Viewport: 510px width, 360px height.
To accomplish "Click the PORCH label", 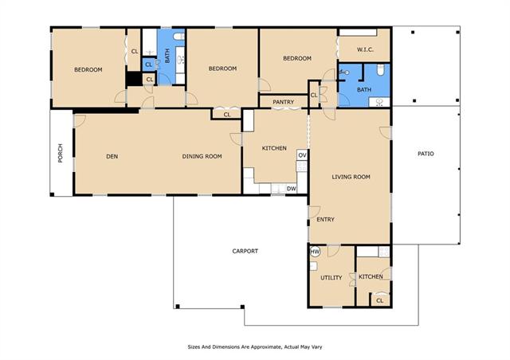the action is [61, 153].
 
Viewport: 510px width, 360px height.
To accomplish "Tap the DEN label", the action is [112, 156].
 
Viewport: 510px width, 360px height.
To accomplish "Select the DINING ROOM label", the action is [202, 156].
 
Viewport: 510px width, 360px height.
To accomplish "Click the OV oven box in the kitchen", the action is [302, 155].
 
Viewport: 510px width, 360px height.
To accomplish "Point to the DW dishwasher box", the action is [291, 189].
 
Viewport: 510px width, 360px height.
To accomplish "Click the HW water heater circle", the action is [315, 252].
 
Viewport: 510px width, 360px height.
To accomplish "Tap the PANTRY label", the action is [284, 102].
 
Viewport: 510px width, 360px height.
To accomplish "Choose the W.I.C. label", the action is [365, 49].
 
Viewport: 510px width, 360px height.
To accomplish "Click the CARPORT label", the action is [245, 251].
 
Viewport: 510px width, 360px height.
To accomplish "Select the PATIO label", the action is [426, 154].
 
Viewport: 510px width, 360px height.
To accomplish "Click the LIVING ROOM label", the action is [351, 177].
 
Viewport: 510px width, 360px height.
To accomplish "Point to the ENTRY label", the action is [325, 220].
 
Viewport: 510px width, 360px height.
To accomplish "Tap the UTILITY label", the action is [331, 278].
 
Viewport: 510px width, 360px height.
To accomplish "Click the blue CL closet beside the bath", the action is [149, 65].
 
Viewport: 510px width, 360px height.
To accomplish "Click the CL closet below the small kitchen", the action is [379, 299].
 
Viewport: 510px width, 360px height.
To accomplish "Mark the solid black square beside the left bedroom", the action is [134, 79].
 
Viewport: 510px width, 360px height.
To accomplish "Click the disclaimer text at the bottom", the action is [255, 347].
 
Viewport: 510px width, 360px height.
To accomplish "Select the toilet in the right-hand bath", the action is [380, 69].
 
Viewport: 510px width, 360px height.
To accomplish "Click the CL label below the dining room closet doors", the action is [227, 115].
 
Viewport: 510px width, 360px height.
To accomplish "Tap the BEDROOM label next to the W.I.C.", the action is [297, 58].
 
